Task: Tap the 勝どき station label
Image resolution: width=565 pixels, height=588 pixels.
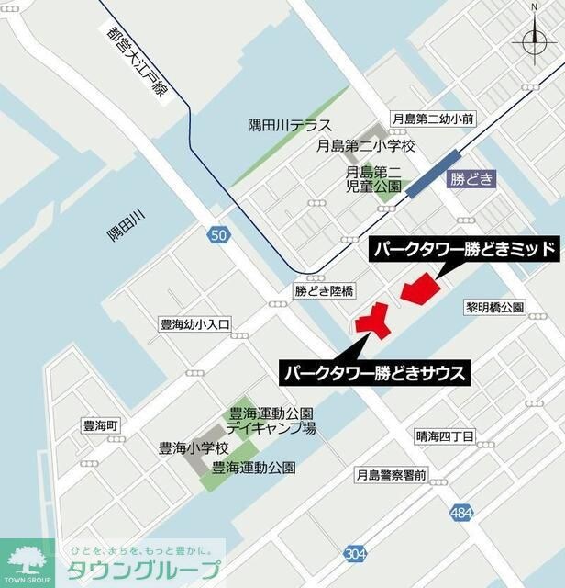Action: [471, 180]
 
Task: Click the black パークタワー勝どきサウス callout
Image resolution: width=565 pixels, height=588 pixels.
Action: [375, 373]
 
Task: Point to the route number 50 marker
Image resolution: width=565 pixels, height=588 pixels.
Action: [217, 235]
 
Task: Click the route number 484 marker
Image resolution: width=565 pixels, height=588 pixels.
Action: [462, 512]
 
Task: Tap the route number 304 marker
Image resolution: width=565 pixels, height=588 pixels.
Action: [356, 552]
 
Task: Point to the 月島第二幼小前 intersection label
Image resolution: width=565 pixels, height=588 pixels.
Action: [432, 119]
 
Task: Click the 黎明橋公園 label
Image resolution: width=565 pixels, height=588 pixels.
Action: [494, 306]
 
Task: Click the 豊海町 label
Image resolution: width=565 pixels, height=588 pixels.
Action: [94, 426]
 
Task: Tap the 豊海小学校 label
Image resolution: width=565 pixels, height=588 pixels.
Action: [194, 449]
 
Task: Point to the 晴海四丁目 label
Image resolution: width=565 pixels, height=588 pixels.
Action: [444, 436]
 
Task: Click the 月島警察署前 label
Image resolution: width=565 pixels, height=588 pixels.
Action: [391, 475]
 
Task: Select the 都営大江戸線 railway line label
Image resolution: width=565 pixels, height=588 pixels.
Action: [138, 64]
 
